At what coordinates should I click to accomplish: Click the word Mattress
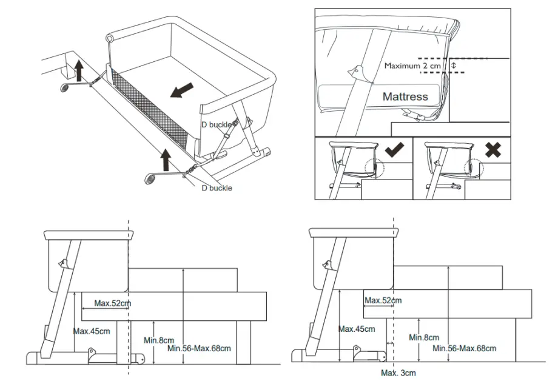point(405,96)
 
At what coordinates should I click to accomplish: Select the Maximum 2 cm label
point(409,66)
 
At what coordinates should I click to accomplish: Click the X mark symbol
point(492,149)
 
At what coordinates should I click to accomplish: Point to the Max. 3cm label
point(398,373)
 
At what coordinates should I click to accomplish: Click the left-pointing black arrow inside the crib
point(182,90)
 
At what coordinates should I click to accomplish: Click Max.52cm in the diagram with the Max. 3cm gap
point(383,300)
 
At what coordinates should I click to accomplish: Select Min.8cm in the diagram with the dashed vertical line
point(158,340)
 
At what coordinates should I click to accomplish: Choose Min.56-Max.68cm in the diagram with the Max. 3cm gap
point(464,348)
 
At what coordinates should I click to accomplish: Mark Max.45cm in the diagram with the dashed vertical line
point(92,331)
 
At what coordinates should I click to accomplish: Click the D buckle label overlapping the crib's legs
point(217,124)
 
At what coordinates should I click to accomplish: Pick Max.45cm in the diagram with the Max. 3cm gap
point(356,329)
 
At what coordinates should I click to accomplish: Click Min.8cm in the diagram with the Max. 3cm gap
point(423,337)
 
